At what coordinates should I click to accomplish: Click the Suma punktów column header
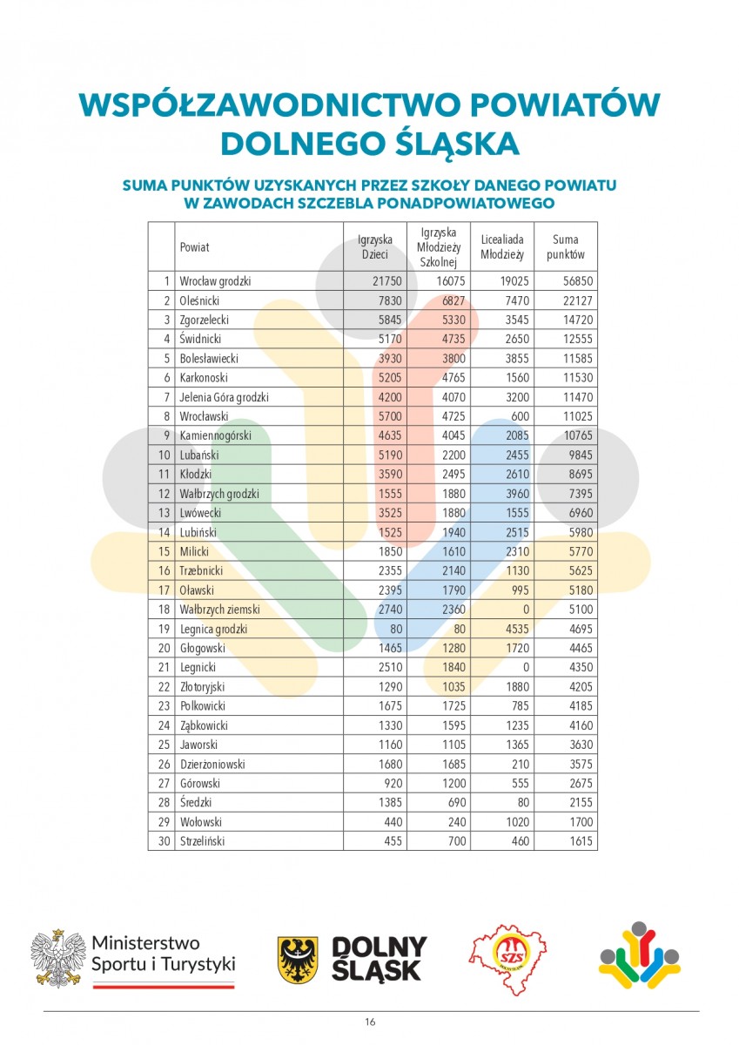pyautogui.click(x=566, y=246)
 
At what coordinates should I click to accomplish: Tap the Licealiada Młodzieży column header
pyautogui.click(x=502, y=246)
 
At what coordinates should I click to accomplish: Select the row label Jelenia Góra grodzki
pyautogui.click(x=225, y=397)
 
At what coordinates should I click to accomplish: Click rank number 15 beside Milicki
pyautogui.click(x=162, y=551)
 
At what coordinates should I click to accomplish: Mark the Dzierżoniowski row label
pyautogui.click(x=212, y=764)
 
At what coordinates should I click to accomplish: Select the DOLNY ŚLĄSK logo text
pyautogui.click(x=379, y=959)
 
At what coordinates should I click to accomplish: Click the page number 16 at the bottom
pyautogui.click(x=370, y=1022)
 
